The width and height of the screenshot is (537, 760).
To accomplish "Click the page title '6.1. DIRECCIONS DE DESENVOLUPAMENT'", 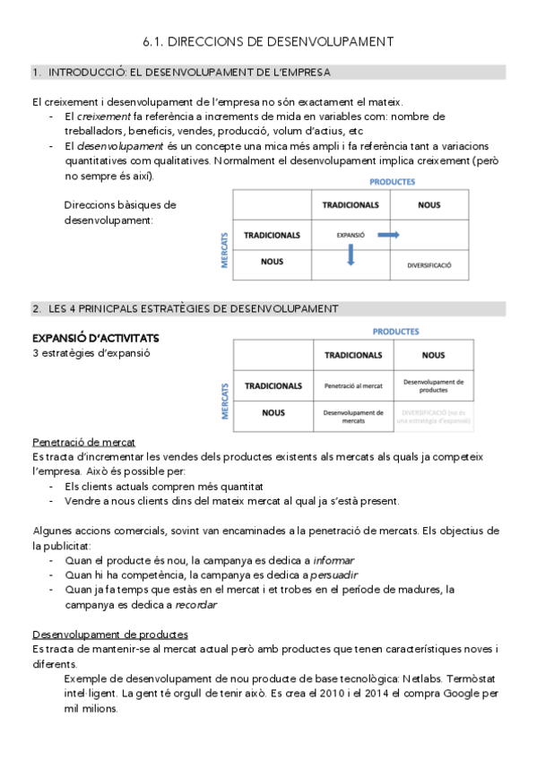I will coord(268,41).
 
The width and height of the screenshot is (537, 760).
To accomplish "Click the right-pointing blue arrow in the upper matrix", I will coord(387,235).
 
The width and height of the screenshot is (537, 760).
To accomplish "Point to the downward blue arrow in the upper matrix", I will coord(351,255).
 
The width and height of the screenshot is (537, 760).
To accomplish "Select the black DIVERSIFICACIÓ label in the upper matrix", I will coord(429,266).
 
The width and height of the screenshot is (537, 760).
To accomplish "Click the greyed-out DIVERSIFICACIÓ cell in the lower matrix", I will coord(433,416).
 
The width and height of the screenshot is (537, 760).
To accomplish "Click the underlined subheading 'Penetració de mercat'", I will coord(83,443).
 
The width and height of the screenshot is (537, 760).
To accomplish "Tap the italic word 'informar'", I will coord(333,560).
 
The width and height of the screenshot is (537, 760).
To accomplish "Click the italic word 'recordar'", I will coord(196,604).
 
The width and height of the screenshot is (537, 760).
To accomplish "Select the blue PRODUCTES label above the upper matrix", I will coord(392,181).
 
